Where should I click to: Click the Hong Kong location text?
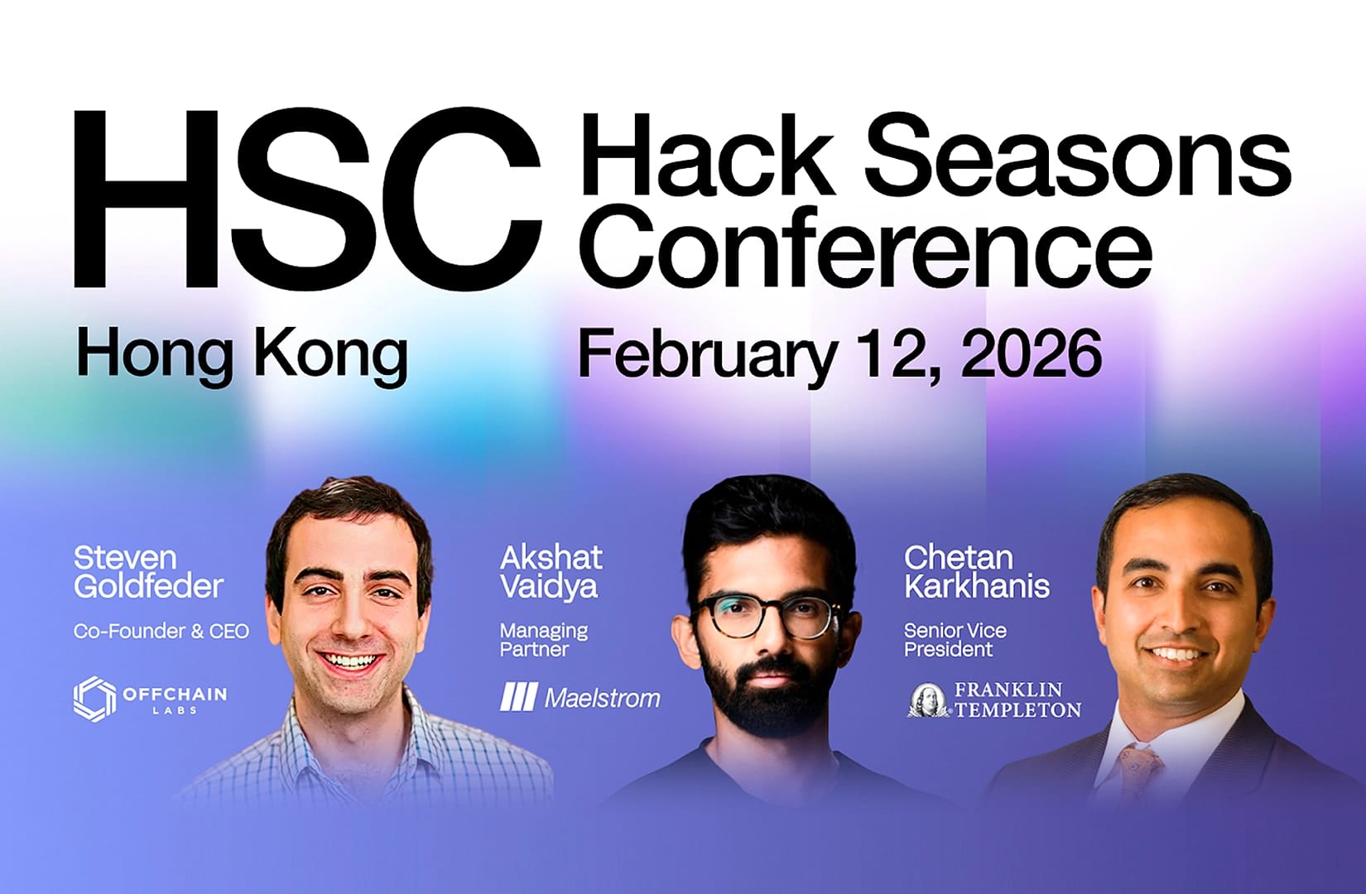pyautogui.click(x=241, y=353)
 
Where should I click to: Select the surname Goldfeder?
pyautogui.click(x=148, y=587)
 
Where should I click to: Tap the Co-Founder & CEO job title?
pyautogui.click(x=161, y=632)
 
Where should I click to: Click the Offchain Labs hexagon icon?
pyautogui.click(x=94, y=699)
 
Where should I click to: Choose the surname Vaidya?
pyautogui.click(x=549, y=587)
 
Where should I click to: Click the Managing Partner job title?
pyautogui.click(x=543, y=640)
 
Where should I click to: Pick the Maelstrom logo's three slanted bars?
pyautogui.click(x=518, y=698)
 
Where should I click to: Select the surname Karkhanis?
pyautogui.click(x=976, y=587)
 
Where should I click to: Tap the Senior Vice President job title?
pyautogui.click(x=955, y=640)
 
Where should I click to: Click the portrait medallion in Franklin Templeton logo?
pyautogui.click(x=929, y=700)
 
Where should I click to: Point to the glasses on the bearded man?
pyautogui.click(x=766, y=617)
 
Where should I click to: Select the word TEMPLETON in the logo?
pyautogui.click(x=1018, y=709)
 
